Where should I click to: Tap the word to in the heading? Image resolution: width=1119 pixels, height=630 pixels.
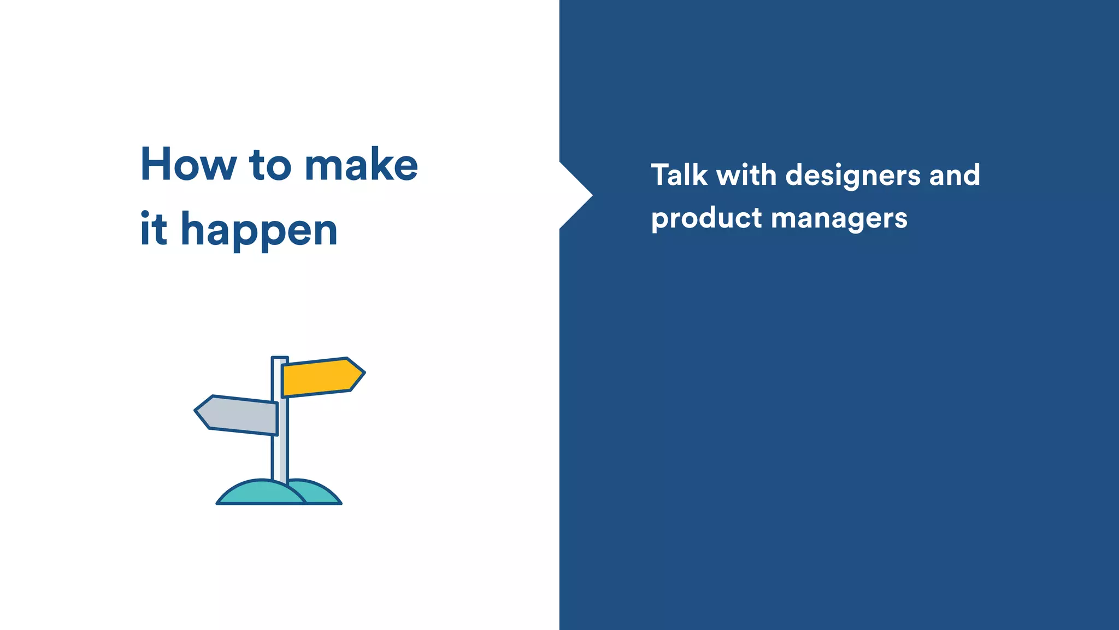point(270,165)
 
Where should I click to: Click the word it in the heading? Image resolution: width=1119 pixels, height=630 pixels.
point(153,229)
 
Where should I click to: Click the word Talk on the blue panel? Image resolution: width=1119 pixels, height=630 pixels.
point(679,175)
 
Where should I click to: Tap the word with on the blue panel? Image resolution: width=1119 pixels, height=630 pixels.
point(746,175)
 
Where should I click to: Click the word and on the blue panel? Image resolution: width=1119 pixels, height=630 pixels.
point(955,175)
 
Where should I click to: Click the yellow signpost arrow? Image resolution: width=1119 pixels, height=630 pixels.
point(320,377)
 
